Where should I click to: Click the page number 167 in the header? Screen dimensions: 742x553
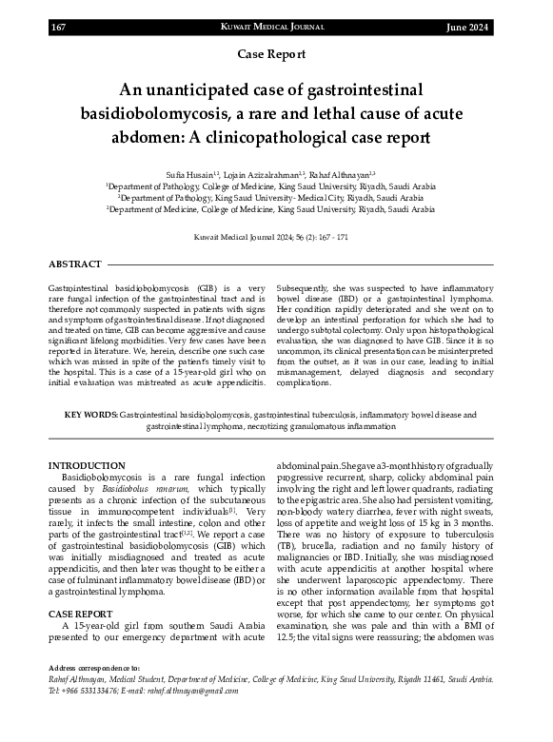58,28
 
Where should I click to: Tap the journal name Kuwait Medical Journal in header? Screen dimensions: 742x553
276,28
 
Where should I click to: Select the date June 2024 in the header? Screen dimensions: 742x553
467,28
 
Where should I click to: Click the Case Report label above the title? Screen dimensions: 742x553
276,56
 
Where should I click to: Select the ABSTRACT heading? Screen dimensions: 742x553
74,264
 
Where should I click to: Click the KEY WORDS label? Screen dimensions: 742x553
91,416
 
